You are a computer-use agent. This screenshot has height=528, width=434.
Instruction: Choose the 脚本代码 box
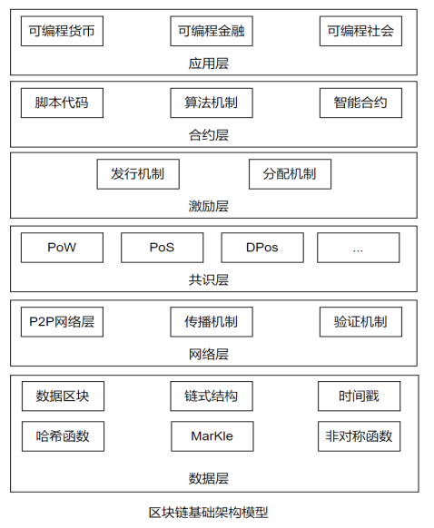coord(62,103)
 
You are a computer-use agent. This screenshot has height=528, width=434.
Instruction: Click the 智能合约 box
coord(360,103)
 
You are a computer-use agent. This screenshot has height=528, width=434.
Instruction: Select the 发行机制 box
coord(138,174)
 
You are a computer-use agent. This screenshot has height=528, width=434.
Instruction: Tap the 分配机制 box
coord(290,174)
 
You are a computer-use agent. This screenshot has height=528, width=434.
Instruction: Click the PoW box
coord(62,247)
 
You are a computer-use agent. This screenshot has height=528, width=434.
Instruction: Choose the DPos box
coord(262,247)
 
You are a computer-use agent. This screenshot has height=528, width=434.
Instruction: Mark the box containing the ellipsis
coord(358,247)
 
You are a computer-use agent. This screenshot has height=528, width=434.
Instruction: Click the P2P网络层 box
coord(62,321)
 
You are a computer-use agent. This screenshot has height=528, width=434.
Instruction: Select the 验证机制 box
coord(360,321)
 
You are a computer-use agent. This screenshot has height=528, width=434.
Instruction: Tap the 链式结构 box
coord(212,396)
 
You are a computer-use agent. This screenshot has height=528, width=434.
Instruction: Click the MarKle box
coord(212,436)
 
